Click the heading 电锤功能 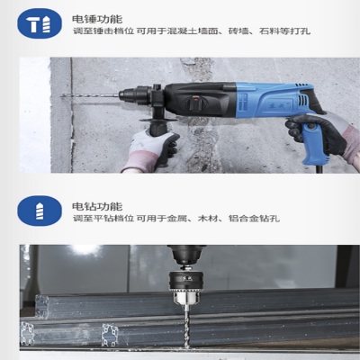click(x=97, y=19)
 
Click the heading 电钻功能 click(x=97, y=206)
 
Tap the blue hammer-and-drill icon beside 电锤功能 click(x=40, y=23)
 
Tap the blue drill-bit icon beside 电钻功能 click(x=40, y=211)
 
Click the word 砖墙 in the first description click(x=238, y=31)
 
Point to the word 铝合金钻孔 click(x=254, y=218)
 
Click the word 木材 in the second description click(x=208, y=218)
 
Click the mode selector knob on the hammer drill click(x=196, y=103)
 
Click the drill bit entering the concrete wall click(x=90, y=95)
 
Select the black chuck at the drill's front click(x=135, y=94)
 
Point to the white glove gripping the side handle click(x=150, y=151)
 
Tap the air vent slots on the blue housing click(x=303, y=99)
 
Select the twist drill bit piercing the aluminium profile click(x=187, y=327)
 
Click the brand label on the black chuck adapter click(x=187, y=279)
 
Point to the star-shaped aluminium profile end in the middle click(x=110, y=335)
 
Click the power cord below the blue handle click(x=320, y=168)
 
